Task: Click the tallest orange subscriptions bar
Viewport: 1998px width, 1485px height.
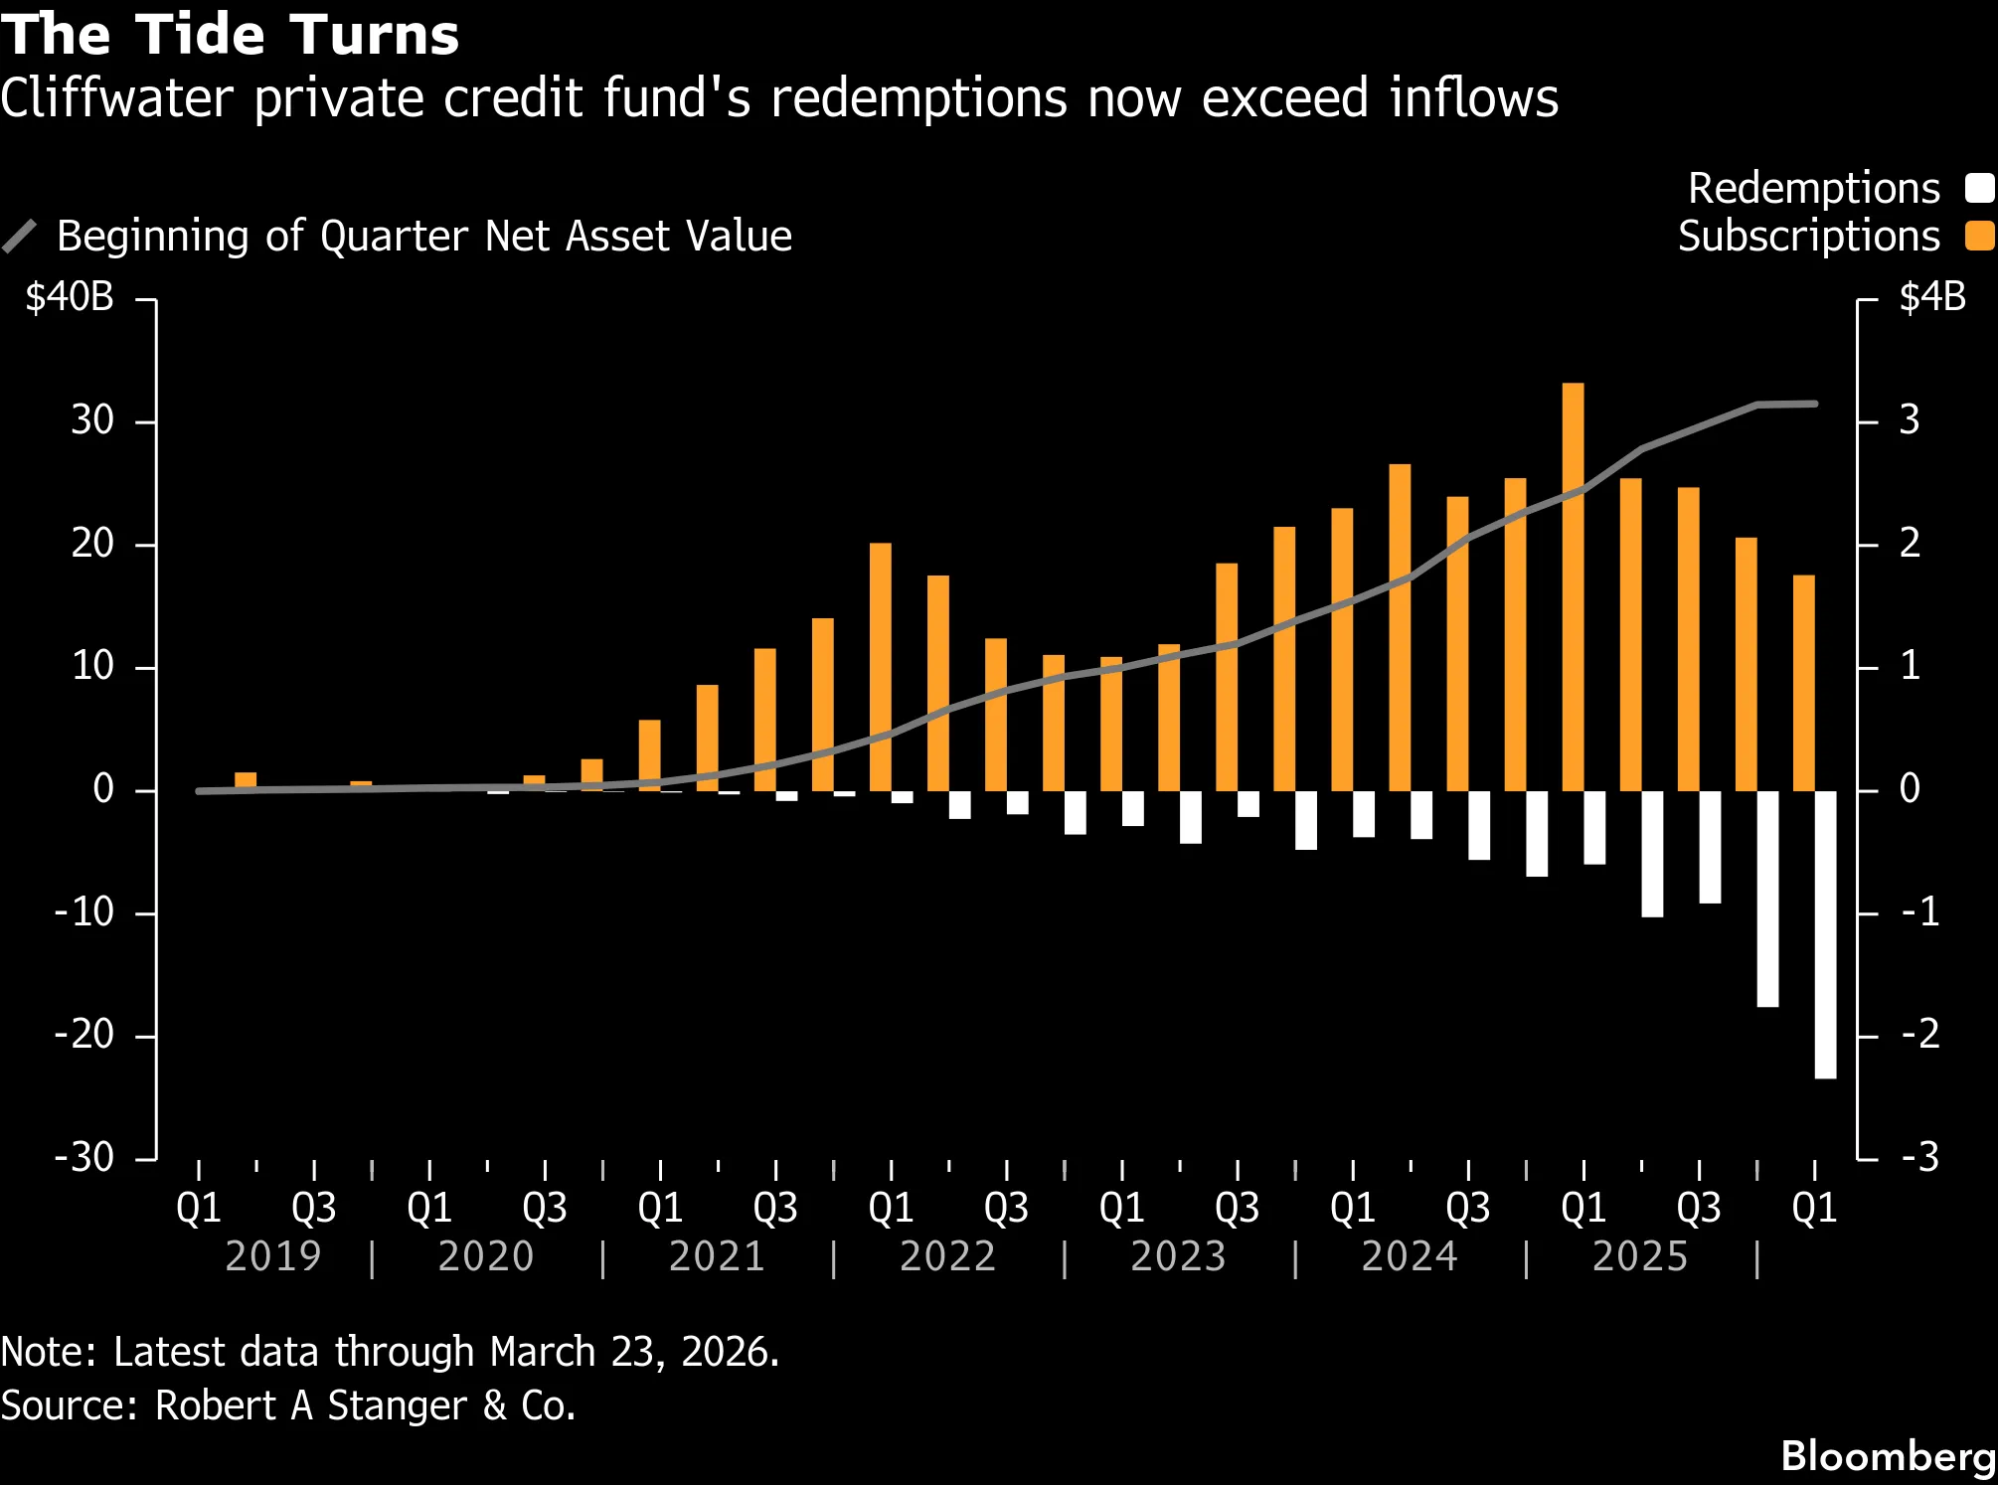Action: (1573, 586)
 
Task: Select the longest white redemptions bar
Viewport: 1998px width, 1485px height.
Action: (1825, 934)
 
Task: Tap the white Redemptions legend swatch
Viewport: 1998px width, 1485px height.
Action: (1979, 188)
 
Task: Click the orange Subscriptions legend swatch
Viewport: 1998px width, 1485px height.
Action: (1979, 236)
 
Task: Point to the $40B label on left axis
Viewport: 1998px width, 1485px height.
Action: (70, 297)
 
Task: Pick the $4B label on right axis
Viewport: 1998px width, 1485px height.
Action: (1931, 297)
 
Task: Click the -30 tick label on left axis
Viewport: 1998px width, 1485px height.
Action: (84, 1157)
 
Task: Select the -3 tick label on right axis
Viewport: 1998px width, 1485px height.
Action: (1919, 1157)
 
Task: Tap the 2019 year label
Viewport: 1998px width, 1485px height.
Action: (273, 1256)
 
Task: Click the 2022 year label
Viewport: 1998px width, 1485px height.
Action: (947, 1256)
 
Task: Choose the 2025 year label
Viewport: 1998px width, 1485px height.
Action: (1640, 1256)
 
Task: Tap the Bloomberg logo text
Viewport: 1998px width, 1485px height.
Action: (1888, 1456)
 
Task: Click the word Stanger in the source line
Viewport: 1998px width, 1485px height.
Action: (397, 1405)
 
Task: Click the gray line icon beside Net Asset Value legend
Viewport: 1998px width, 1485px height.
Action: (20, 237)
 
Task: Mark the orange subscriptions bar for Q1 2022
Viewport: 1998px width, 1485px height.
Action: (881, 666)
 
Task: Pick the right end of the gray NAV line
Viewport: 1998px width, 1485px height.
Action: (1816, 404)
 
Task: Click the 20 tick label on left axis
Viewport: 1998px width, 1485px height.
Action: (92, 544)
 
